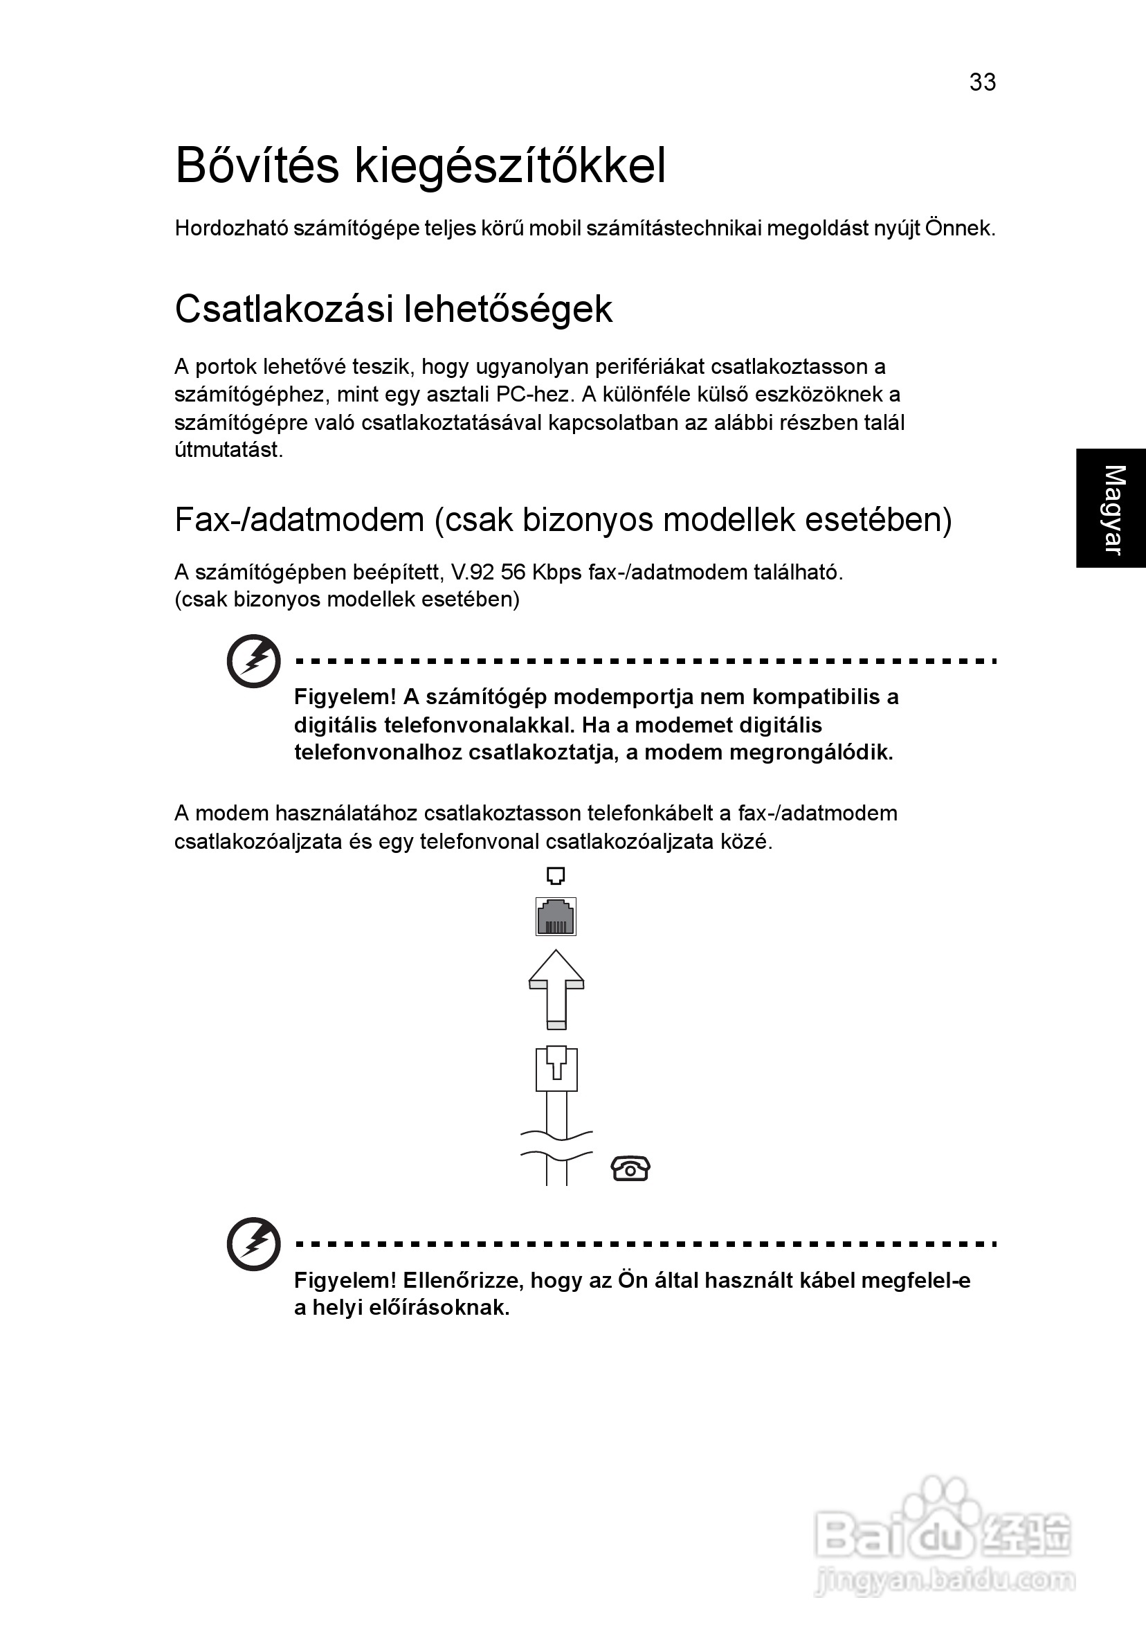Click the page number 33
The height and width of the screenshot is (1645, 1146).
coord(982,82)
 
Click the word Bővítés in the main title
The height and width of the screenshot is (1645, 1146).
coord(257,165)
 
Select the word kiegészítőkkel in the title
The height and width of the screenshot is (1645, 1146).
coord(510,167)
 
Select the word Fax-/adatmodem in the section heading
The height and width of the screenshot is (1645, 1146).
coord(300,519)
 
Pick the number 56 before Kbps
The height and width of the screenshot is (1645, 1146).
coord(513,573)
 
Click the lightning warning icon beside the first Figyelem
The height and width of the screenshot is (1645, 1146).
coord(253,660)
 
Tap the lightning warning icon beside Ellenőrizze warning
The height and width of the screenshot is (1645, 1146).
coord(253,1243)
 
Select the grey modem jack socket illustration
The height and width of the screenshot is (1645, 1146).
coord(556,917)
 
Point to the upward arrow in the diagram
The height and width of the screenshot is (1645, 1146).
coord(556,989)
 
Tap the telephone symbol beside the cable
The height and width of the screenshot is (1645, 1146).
coord(630,1169)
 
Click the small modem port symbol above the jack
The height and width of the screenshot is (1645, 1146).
coord(556,876)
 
